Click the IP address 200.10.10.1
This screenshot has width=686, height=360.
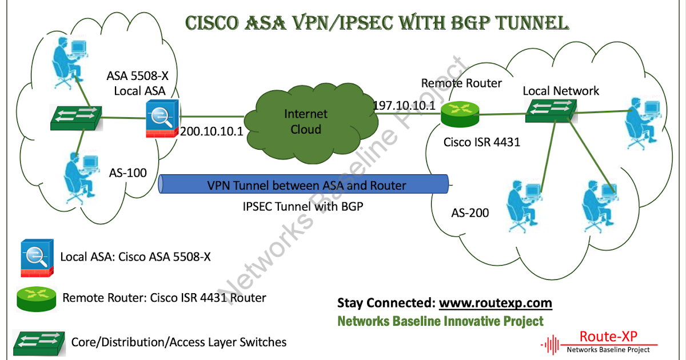[212, 131]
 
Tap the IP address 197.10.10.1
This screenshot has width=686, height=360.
[404, 106]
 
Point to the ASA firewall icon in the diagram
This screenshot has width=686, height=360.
[162, 119]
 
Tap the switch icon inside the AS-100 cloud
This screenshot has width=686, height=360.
[75, 118]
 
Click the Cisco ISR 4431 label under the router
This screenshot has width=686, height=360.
[482, 142]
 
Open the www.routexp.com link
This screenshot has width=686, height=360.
[495, 302]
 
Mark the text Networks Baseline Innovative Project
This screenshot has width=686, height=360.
[440, 321]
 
